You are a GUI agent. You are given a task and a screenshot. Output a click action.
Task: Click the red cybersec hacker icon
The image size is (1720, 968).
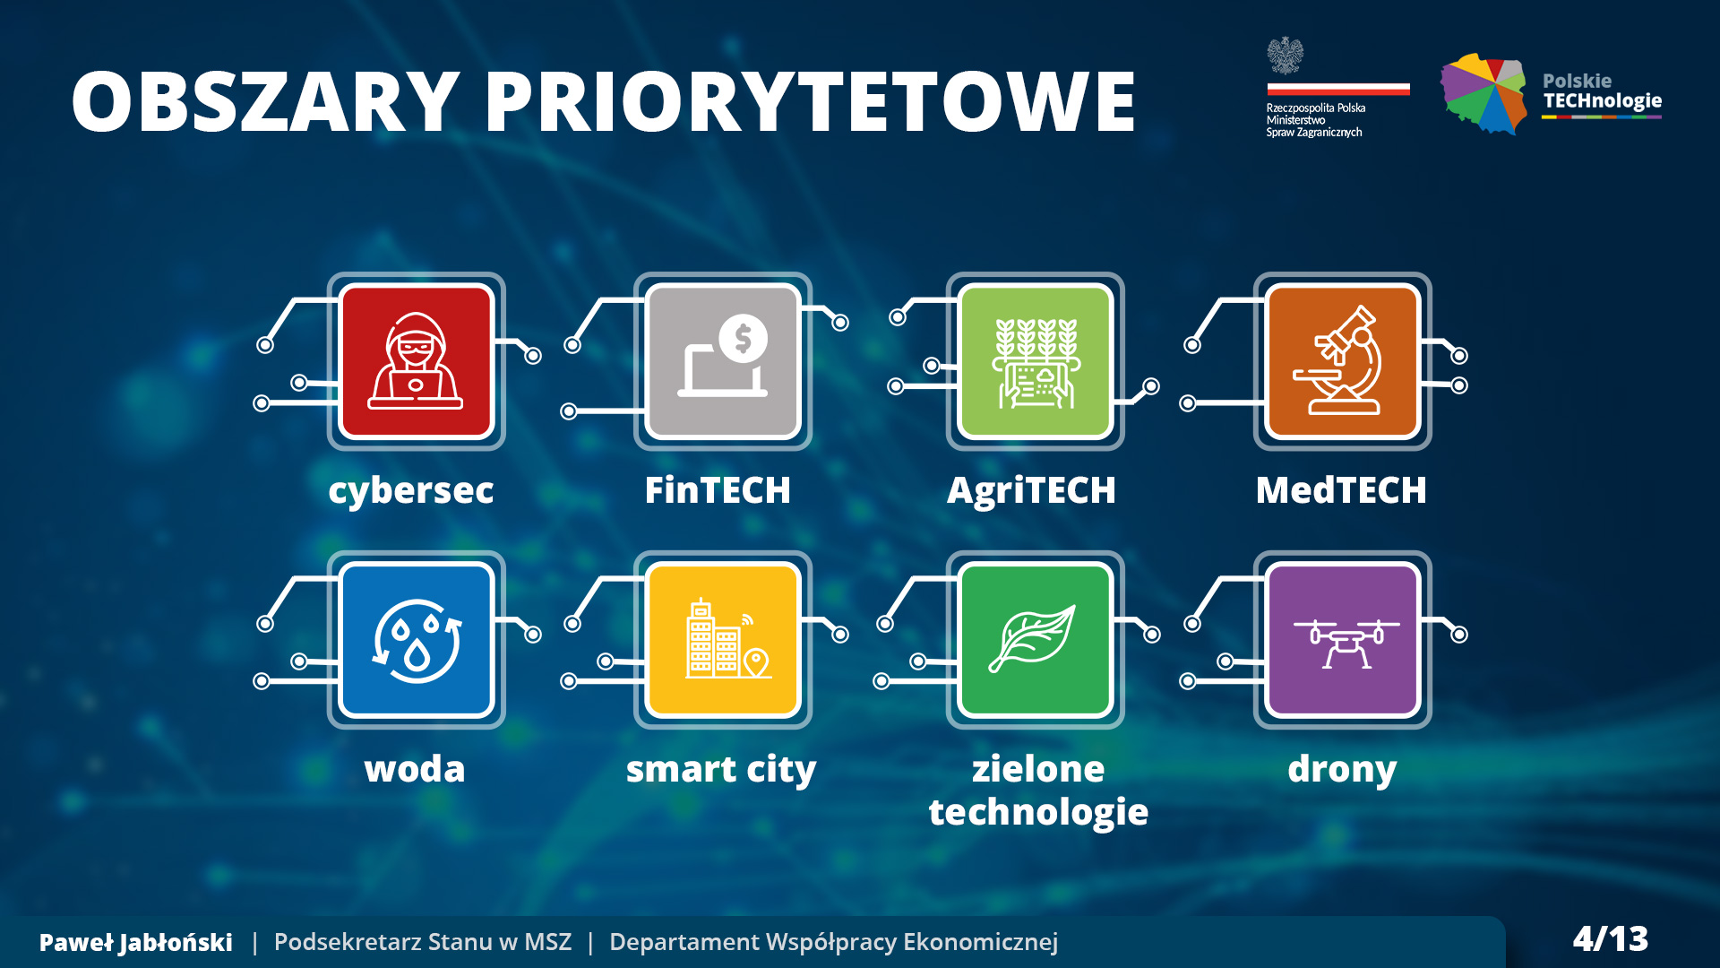(416, 361)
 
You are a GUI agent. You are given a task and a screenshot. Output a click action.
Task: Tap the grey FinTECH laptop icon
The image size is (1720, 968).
(723, 361)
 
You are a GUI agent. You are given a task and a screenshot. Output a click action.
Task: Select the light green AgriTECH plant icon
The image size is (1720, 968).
(1036, 361)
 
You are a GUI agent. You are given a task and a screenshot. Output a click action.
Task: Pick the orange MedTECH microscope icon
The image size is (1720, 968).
(1342, 361)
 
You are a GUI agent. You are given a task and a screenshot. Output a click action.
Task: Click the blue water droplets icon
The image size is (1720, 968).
(416, 640)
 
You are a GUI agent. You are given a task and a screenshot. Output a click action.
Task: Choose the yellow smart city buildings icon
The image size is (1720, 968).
(723, 640)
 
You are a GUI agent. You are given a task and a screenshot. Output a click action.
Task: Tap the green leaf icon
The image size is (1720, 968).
(1036, 640)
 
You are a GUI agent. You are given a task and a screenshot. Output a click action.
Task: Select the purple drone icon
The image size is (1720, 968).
(1342, 640)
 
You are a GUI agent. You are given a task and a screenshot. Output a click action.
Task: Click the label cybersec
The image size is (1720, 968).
(411, 491)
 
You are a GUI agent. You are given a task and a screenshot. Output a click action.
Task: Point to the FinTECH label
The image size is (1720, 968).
(718, 490)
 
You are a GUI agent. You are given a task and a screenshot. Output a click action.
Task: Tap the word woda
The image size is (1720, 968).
(415, 769)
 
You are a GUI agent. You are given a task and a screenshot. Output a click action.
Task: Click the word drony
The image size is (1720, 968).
(1342, 770)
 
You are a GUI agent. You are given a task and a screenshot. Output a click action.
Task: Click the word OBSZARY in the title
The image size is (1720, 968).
(266, 101)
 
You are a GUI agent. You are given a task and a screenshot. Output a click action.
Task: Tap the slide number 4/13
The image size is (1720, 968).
(1611, 939)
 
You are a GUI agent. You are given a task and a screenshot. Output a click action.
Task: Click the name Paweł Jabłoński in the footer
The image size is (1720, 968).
(136, 942)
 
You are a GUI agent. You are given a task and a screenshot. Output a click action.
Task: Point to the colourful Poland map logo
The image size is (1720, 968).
(1483, 93)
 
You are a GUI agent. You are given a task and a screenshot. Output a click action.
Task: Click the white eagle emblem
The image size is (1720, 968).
(1286, 56)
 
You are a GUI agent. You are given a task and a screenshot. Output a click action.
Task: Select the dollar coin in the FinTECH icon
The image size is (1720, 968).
(743, 339)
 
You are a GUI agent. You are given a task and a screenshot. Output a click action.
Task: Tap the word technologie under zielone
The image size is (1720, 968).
(1038, 813)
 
